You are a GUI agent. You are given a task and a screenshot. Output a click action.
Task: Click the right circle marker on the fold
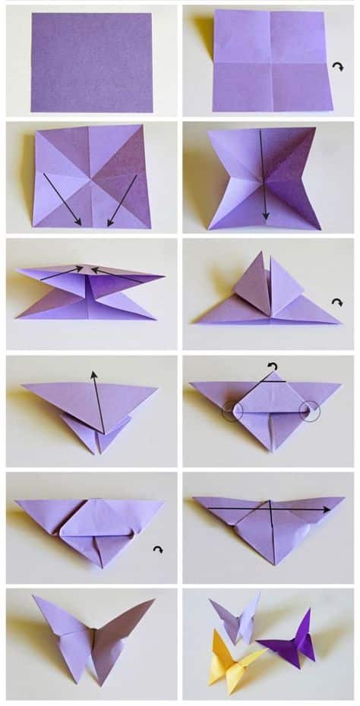[x=311, y=412]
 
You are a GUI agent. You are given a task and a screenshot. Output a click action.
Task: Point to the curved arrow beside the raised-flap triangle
[x=337, y=302]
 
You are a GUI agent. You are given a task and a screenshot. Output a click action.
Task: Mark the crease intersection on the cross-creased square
[x=270, y=62]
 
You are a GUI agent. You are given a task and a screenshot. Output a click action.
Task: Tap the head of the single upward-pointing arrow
[x=93, y=373]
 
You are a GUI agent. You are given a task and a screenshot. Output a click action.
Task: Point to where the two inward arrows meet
[x=90, y=269]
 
